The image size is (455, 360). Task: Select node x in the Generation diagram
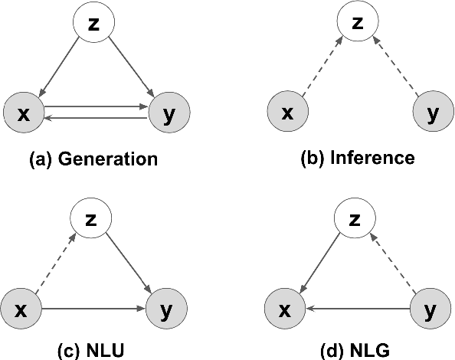(23, 113)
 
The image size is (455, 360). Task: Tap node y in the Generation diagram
(169, 113)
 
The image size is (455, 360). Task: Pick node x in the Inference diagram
(287, 113)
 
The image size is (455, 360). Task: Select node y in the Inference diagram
(433, 113)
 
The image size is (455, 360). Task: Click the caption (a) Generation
(93, 159)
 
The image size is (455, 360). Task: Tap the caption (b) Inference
(358, 159)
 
